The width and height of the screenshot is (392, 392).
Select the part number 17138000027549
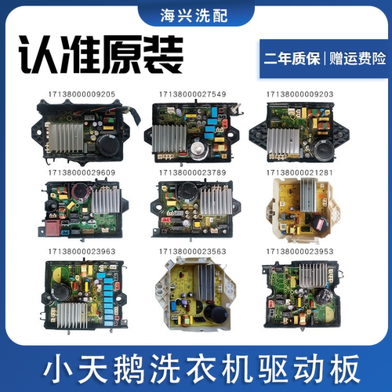tap(197, 93)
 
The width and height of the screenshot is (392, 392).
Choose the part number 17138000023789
tap(197, 171)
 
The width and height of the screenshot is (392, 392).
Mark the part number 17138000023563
tap(197, 253)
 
